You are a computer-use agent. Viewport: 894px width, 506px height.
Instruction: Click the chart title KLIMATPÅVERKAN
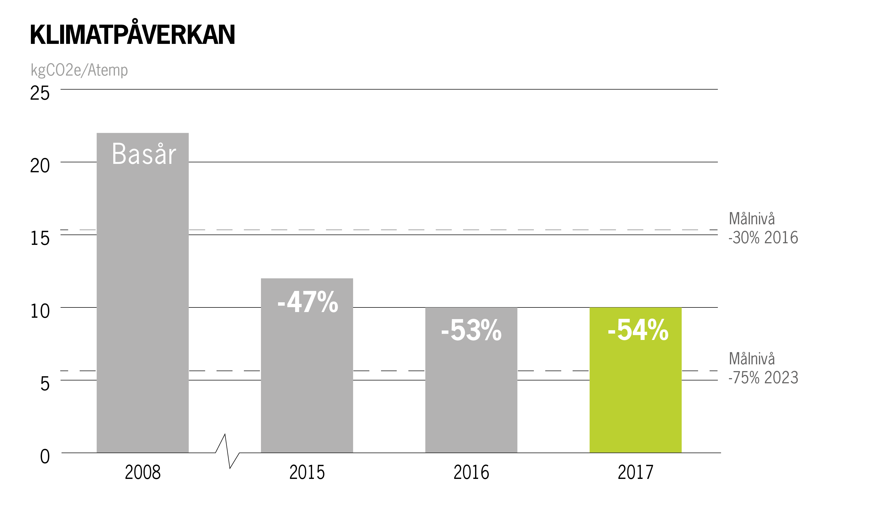point(133,35)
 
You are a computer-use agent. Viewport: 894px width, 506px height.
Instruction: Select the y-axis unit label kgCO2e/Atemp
point(79,70)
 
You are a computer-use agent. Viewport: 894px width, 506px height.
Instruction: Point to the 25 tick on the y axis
point(40,93)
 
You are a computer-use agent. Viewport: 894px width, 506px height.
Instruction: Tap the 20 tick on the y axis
point(40,166)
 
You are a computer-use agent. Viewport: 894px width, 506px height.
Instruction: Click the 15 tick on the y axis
point(40,238)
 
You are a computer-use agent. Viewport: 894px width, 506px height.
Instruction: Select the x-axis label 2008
point(143,473)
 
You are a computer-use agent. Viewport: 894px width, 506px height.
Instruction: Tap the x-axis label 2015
point(307,473)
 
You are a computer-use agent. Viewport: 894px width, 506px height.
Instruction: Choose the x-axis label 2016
point(471,473)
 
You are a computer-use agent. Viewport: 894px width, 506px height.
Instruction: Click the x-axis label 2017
point(635,473)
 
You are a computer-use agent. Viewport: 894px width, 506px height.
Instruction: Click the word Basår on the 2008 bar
point(144,154)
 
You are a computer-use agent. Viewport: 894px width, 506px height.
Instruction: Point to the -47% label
point(308,302)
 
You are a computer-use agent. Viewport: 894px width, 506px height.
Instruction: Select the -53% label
point(471,330)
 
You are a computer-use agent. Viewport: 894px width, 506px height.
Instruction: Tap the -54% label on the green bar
point(638,330)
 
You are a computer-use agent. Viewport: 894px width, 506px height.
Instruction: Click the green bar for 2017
point(635,400)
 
